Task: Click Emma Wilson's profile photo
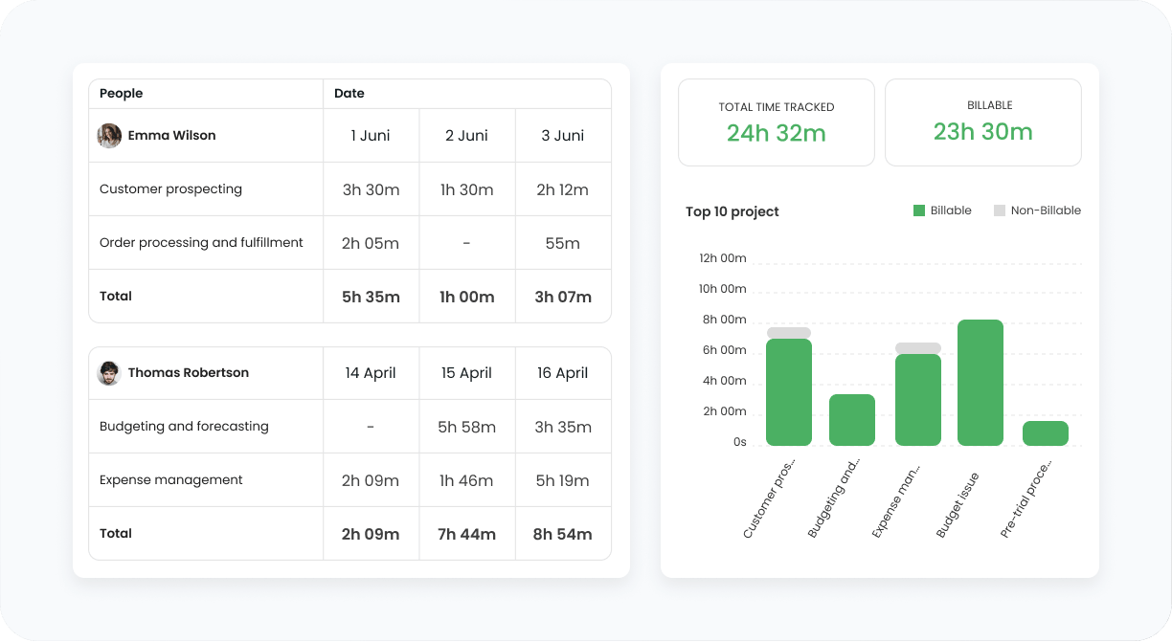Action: pyautogui.click(x=109, y=136)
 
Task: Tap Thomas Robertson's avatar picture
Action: pyautogui.click(x=109, y=373)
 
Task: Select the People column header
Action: pyautogui.click(x=121, y=93)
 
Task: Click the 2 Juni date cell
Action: pyautogui.click(x=466, y=136)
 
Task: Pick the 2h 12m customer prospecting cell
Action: pyautogui.click(x=562, y=189)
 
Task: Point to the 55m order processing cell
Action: pyautogui.click(x=562, y=243)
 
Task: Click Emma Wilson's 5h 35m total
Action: pyautogui.click(x=371, y=297)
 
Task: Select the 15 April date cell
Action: pyautogui.click(x=466, y=373)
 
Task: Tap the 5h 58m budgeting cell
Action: pyautogui.click(x=466, y=427)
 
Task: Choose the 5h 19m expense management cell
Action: pyautogui.click(x=562, y=480)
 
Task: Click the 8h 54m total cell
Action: pyautogui.click(x=562, y=534)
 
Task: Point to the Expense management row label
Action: pyautogui.click(x=170, y=480)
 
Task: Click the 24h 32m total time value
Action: pyautogui.click(x=776, y=133)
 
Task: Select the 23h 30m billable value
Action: pyautogui.click(x=982, y=132)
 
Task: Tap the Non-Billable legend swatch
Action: pyautogui.click(x=1000, y=210)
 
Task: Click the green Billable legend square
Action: pyautogui.click(x=919, y=210)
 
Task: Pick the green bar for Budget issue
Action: pyautogui.click(x=980, y=383)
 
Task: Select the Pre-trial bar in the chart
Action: pyautogui.click(x=1046, y=433)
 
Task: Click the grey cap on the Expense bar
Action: pyautogui.click(x=917, y=348)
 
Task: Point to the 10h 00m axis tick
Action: pyautogui.click(x=723, y=289)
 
